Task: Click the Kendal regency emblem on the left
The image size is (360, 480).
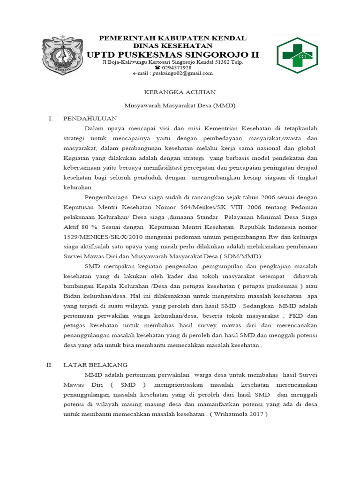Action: click(x=62, y=55)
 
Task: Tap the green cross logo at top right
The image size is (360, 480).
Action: click(x=296, y=55)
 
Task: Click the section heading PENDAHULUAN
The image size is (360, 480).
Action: click(x=90, y=118)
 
